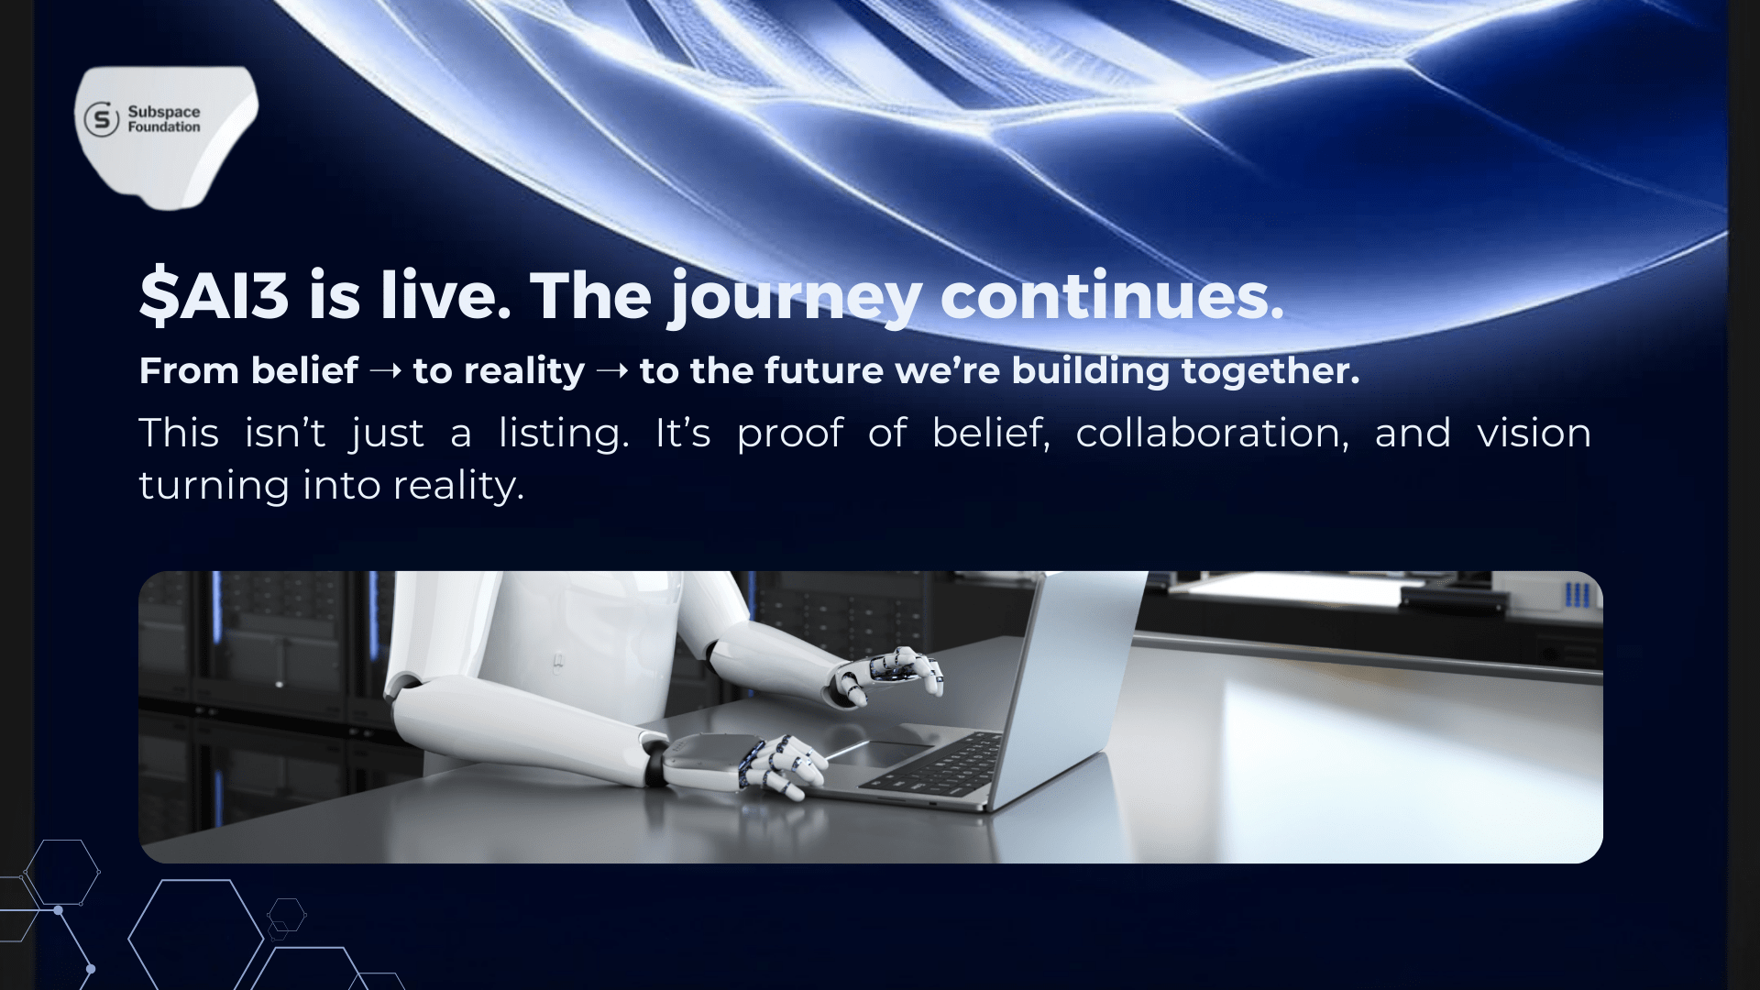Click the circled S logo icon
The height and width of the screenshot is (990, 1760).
coord(102,119)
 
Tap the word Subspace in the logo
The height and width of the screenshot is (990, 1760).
coord(164,112)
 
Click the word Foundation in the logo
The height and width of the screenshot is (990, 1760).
coord(164,127)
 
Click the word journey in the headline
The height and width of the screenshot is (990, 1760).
coord(795,297)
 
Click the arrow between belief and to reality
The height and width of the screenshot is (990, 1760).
coord(385,371)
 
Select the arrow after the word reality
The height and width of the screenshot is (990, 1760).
coord(612,371)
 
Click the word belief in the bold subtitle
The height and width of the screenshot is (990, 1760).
coord(304,370)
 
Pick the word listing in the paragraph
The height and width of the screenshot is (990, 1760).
coord(564,434)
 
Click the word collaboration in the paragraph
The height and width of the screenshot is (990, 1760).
coord(1212,433)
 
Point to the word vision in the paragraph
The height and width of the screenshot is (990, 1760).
coord(1534,433)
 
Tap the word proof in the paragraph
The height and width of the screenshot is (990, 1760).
coord(790,434)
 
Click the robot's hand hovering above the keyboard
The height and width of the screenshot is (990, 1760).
coord(884,676)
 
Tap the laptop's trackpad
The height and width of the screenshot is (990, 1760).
coord(881,752)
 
